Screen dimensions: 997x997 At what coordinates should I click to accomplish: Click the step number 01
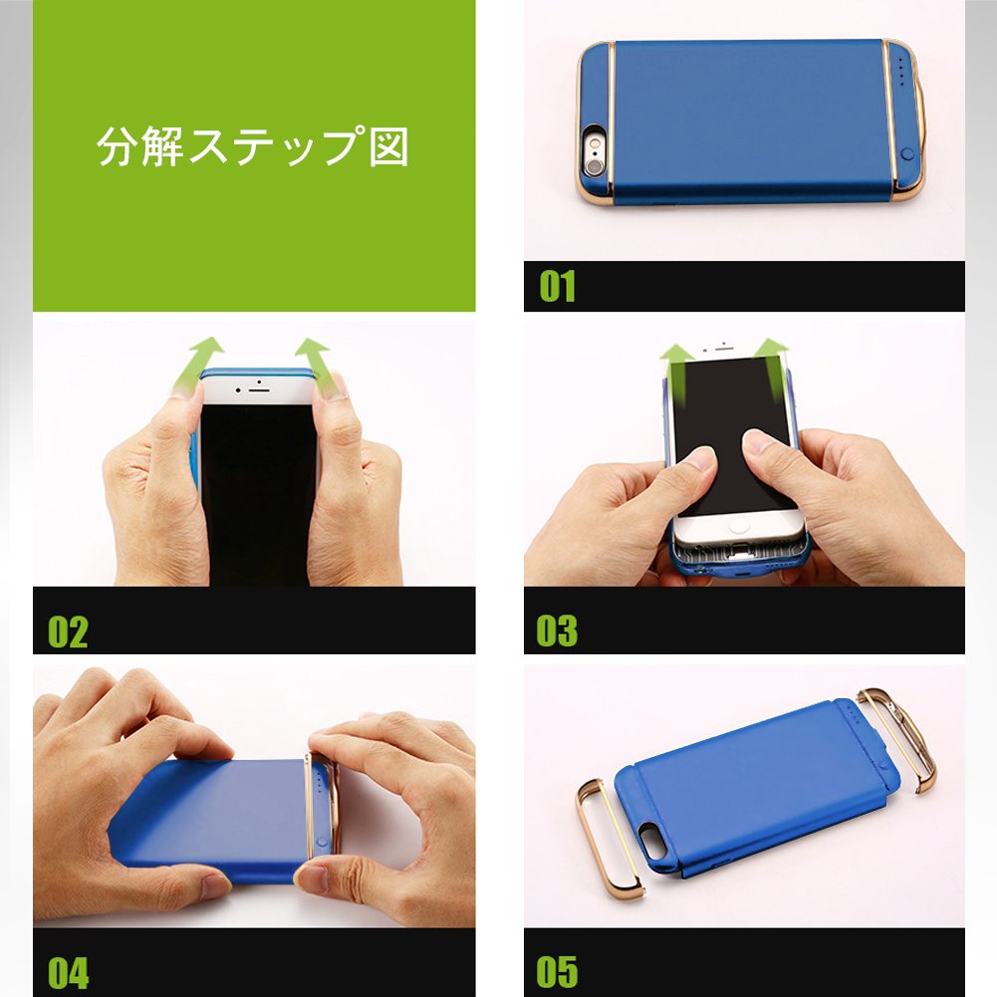(x=557, y=286)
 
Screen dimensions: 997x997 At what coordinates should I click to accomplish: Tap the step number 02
(x=68, y=631)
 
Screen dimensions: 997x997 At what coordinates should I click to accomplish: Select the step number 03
(x=557, y=630)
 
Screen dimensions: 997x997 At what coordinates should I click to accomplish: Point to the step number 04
(x=69, y=973)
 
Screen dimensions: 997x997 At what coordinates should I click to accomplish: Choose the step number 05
(x=557, y=971)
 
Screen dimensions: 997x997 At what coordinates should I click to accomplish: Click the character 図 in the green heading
(x=388, y=146)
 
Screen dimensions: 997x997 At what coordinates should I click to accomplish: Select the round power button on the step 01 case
(x=907, y=153)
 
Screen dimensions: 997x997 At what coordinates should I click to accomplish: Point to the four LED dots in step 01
(x=901, y=71)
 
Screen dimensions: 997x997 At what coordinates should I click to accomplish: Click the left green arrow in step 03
(x=676, y=375)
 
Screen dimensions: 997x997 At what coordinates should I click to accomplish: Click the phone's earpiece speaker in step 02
(x=259, y=387)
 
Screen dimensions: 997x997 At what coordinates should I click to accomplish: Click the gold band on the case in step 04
(x=311, y=805)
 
